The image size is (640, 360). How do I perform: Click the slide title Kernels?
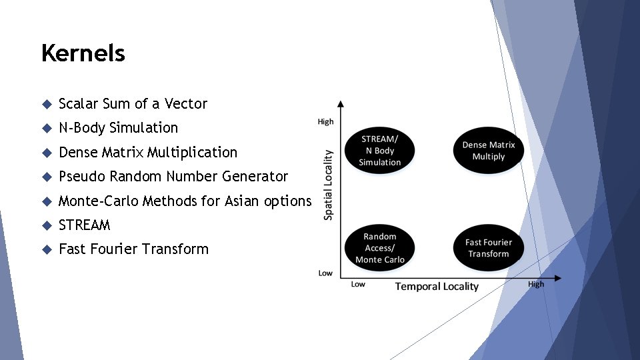(83, 53)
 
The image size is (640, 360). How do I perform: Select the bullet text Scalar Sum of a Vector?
(133, 103)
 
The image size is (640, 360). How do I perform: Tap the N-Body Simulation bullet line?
(118, 127)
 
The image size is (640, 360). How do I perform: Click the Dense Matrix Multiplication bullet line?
(147, 152)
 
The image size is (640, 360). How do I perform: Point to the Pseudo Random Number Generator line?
(173, 176)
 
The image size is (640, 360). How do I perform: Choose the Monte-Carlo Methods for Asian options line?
(185, 201)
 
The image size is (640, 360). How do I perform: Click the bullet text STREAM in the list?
(84, 225)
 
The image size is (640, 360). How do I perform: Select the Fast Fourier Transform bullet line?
(133, 249)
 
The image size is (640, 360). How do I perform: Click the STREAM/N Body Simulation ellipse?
(380, 151)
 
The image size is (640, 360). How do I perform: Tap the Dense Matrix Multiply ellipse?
(489, 151)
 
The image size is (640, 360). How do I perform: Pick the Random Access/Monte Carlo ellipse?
(380, 248)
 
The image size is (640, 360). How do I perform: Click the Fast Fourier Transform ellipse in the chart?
(489, 248)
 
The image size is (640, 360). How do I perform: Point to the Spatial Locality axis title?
(328, 185)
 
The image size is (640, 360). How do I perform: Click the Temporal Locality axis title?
(437, 286)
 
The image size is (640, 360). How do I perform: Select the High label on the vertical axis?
(325, 121)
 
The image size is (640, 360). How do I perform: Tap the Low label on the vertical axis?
(325, 273)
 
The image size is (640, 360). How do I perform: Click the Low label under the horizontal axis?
(358, 285)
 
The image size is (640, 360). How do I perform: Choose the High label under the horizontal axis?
(536, 284)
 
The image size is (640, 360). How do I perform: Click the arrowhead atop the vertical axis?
(341, 104)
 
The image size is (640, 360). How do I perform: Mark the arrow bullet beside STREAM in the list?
(46, 225)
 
